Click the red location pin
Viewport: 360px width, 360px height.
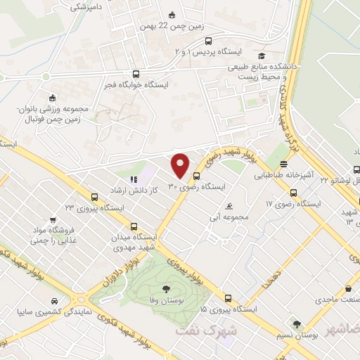181,165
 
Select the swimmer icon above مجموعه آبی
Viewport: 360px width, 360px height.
231,207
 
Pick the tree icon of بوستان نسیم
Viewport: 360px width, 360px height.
299,325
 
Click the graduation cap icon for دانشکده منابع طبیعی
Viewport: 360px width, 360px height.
262,56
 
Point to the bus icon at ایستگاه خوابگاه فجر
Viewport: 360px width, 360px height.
136,73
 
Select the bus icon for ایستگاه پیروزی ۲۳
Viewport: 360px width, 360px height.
94,198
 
